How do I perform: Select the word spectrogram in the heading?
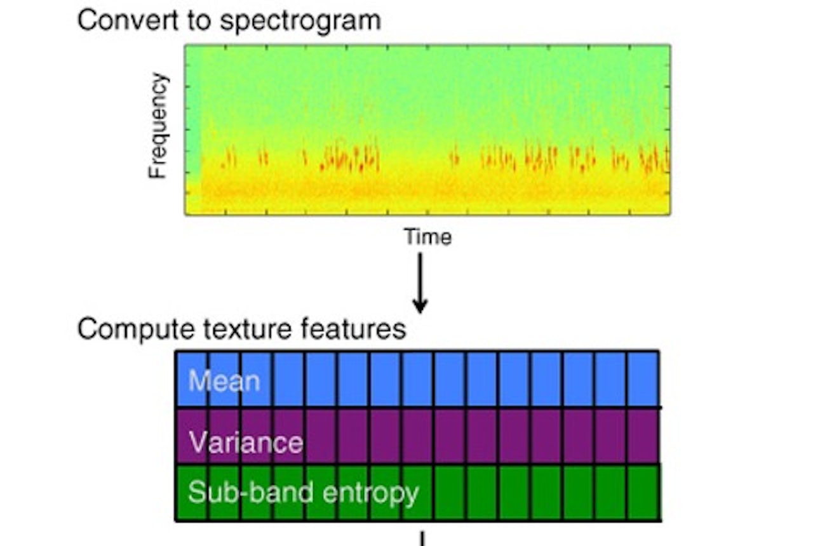[x=300, y=21]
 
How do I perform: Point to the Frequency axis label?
[x=159, y=126]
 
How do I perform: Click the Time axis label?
[x=427, y=237]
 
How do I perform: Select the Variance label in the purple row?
[x=246, y=442]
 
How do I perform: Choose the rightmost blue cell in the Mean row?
[x=643, y=378]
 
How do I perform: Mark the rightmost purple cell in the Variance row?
[x=643, y=436]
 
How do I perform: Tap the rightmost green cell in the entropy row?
[x=643, y=493]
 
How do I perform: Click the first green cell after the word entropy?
[x=450, y=493]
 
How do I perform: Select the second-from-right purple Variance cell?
[x=611, y=436]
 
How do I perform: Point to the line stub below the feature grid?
[x=422, y=538]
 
